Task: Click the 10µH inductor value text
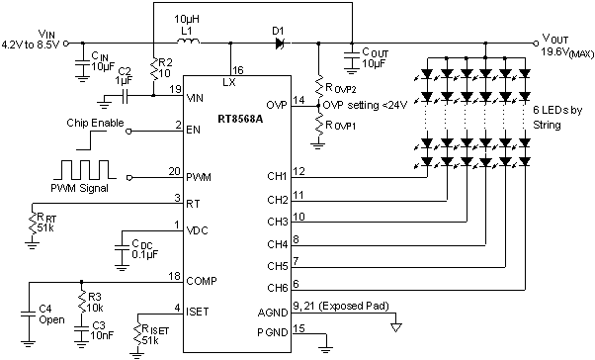(187, 20)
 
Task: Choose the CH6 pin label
(278, 288)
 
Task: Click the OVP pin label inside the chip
(277, 104)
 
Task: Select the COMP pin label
(205, 280)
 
